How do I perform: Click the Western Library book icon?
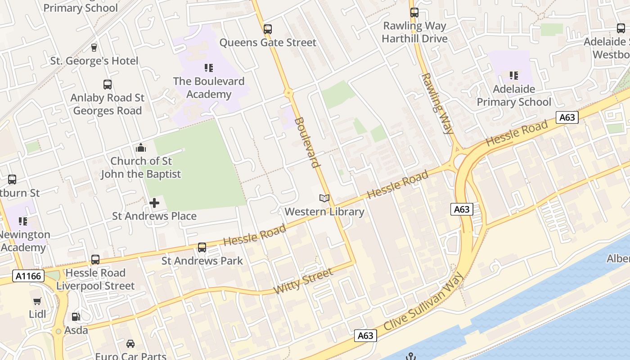(x=324, y=198)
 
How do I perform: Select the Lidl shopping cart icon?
(x=37, y=301)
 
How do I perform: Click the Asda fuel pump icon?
(x=76, y=317)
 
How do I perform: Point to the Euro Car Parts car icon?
(x=130, y=344)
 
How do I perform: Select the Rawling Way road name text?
(x=437, y=103)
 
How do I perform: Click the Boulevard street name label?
(x=307, y=142)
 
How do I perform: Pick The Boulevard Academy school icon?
(x=208, y=68)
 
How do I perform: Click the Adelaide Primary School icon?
(x=513, y=76)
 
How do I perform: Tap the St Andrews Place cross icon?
(x=154, y=203)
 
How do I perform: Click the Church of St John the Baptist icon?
(x=141, y=148)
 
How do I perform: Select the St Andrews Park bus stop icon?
(x=202, y=247)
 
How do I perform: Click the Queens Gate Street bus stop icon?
(x=268, y=29)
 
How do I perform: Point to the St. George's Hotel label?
(x=94, y=61)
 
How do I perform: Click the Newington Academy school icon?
(x=22, y=221)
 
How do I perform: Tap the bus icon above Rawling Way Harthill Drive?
(x=414, y=13)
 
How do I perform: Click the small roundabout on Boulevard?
(x=289, y=93)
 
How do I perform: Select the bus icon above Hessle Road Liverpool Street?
(x=95, y=259)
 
